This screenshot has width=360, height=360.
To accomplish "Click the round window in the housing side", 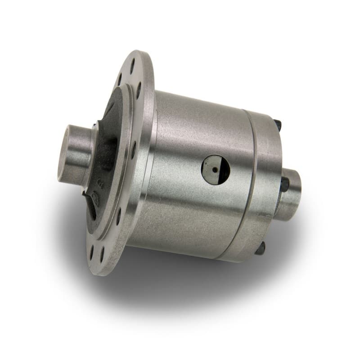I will point(215,170).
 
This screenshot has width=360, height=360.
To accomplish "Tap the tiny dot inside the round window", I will point(216,170).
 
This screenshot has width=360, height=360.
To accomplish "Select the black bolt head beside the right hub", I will point(285,184).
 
